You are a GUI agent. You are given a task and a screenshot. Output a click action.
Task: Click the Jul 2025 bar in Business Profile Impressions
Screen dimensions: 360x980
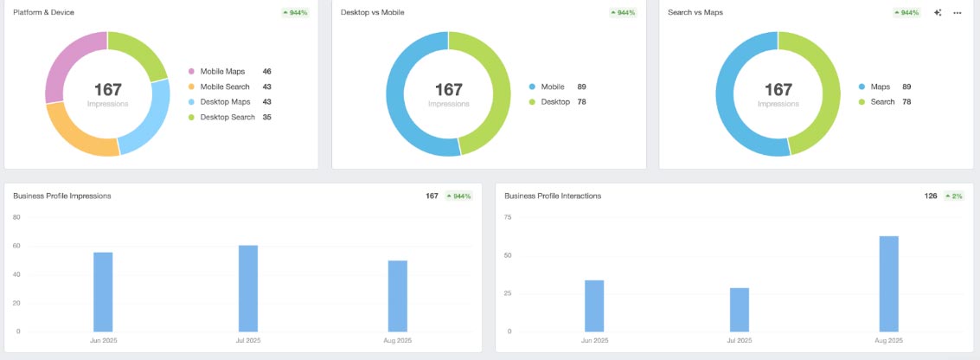tap(248, 288)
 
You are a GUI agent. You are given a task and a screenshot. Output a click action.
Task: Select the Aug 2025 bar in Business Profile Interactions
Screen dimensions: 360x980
tap(888, 284)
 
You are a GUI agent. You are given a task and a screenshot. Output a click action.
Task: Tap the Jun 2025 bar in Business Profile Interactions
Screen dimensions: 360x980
tap(594, 305)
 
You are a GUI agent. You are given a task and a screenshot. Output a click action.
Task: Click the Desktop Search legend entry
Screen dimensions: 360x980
tap(227, 117)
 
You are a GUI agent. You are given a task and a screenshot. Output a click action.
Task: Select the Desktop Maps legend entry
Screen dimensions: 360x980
tap(225, 102)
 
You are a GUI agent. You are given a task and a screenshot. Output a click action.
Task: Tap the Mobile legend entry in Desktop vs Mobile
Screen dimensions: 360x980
tap(552, 87)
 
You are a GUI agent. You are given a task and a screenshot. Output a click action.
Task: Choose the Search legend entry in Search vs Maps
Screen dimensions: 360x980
tap(882, 102)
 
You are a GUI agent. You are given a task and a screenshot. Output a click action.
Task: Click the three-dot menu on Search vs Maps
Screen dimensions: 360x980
tap(958, 13)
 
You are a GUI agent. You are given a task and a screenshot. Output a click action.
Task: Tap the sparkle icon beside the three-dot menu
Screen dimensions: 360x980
tap(938, 13)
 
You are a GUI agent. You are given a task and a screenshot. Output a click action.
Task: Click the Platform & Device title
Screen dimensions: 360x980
tap(43, 13)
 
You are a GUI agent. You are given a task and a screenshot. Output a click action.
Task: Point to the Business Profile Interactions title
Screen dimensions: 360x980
tap(553, 196)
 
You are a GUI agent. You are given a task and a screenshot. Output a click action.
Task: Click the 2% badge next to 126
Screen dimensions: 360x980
tap(953, 196)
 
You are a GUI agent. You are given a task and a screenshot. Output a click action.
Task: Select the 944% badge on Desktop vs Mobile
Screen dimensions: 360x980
tap(623, 13)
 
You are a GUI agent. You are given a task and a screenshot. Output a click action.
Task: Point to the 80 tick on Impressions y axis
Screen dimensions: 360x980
tap(16, 217)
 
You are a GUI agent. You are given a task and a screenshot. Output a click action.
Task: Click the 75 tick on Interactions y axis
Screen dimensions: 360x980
tap(508, 217)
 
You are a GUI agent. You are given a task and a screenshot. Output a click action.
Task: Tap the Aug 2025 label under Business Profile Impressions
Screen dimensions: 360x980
tap(397, 340)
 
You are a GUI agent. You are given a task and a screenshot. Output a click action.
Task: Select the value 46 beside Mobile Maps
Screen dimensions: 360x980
tap(267, 72)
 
